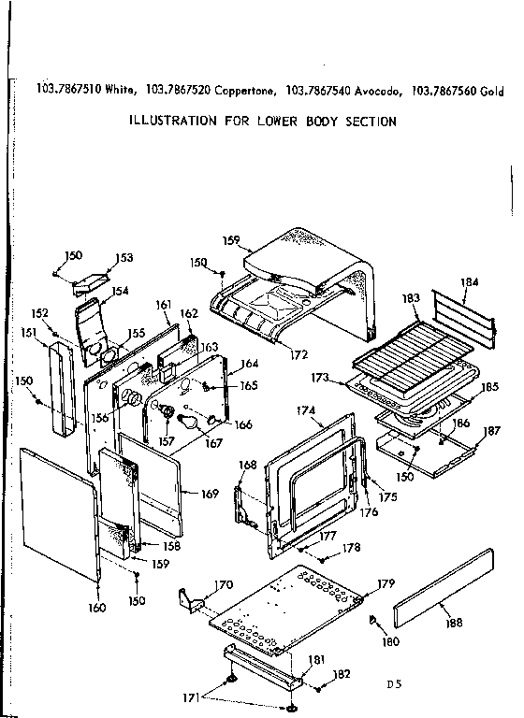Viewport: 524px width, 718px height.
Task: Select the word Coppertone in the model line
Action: [x=243, y=91]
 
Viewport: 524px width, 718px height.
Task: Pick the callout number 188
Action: [x=455, y=623]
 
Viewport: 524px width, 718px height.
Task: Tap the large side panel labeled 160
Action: [x=58, y=510]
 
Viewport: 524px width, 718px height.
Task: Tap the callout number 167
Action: [x=215, y=442]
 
